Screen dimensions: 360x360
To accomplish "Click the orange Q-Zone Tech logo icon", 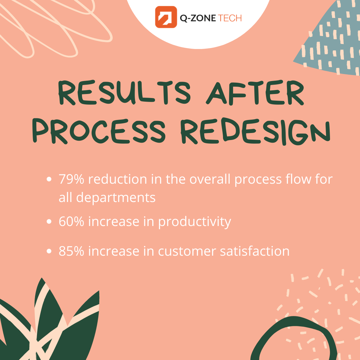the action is (166, 17).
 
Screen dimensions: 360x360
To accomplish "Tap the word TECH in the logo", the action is (230, 18).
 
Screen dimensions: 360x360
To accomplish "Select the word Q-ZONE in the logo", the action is (198, 18).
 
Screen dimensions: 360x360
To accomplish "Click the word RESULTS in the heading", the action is (124, 93).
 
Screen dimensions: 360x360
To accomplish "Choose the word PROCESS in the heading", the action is (99, 131).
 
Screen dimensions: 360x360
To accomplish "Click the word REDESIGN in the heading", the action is (255, 132).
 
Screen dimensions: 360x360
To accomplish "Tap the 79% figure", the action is (71, 179).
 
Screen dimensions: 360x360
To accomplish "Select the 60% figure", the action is (71, 222).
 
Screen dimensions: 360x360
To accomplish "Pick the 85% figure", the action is (71, 251).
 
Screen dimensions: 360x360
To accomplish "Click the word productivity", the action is (195, 222).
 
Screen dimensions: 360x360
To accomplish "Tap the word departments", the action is (116, 198).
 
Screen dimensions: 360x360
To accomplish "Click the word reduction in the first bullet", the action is (118, 179).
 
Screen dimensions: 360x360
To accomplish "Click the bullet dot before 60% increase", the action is (49, 221).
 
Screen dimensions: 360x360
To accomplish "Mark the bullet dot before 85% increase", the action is (49, 251).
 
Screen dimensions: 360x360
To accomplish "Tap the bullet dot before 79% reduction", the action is (49, 179).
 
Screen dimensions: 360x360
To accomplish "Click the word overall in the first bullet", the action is (210, 179).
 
